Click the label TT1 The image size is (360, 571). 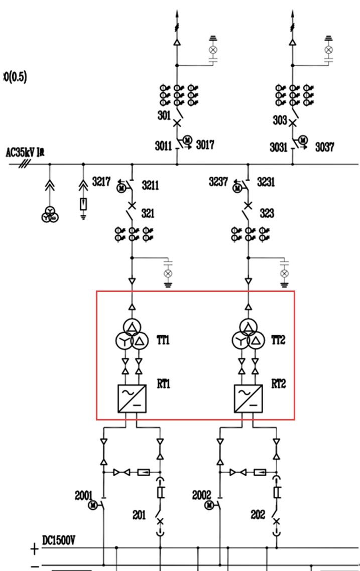[x=163, y=341]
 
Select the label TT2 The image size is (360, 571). [x=278, y=341]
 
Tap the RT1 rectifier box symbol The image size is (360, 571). [x=132, y=398]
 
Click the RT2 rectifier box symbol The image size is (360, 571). [x=248, y=398]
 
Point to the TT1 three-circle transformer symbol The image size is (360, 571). [x=131, y=336]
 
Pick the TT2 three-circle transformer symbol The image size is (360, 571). [x=247, y=336]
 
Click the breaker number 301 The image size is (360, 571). [x=164, y=116]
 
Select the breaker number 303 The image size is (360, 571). [x=280, y=120]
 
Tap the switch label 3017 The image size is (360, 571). [x=205, y=146]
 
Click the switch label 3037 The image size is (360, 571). [x=324, y=147]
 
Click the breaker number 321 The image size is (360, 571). [x=148, y=214]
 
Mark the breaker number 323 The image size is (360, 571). [x=267, y=214]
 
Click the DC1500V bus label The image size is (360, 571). [x=59, y=541]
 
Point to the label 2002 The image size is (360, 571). [x=202, y=496]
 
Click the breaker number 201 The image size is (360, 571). [x=139, y=514]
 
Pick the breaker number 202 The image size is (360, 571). [x=258, y=514]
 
